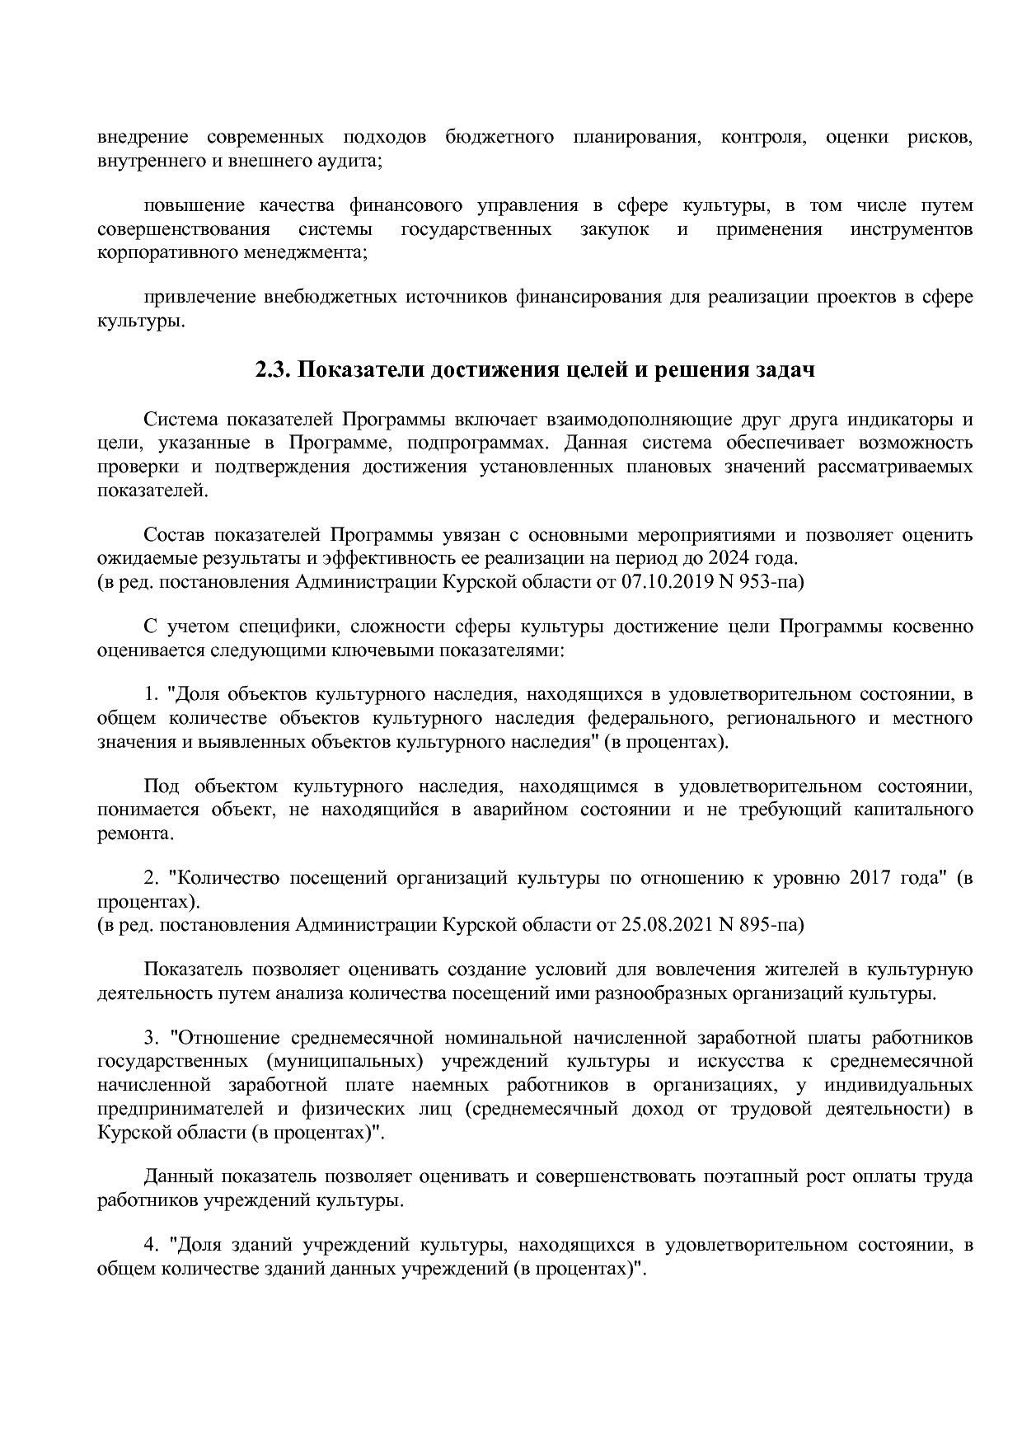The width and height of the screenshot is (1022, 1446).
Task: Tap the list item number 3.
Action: [x=151, y=1037]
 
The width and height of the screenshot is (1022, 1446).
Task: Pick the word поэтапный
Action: [x=750, y=1176]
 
